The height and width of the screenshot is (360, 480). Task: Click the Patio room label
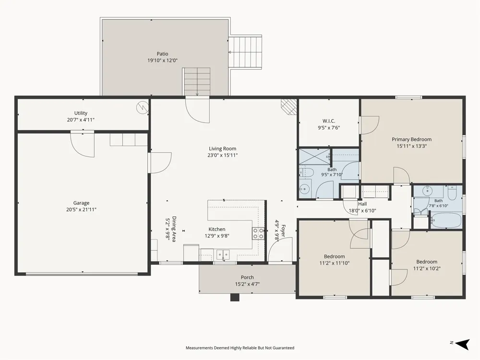[x=163, y=54]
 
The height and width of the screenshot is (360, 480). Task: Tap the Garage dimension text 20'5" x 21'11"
[x=81, y=210]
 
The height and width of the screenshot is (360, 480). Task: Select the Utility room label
[x=81, y=113]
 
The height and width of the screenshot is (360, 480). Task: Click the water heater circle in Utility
[x=143, y=108]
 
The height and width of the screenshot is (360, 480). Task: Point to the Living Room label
[x=223, y=149]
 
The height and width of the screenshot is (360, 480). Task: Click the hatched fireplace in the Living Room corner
[x=288, y=107]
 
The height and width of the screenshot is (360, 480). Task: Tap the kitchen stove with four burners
[x=258, y=234]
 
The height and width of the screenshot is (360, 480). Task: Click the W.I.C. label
[x=329, y=121]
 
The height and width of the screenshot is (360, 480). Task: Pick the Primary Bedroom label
[x=412, y=140]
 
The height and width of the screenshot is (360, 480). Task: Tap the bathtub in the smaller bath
[x=446, y=220]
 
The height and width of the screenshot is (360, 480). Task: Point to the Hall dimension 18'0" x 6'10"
[x=362, y=211]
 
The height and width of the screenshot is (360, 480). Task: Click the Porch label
[x=247, y=277]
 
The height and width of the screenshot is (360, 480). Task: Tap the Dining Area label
[x=174, y=229]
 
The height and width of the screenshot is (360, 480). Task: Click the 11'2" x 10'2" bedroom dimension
[x=427, y=269]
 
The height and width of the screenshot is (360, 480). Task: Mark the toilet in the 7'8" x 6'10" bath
[x=452, y=193]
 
